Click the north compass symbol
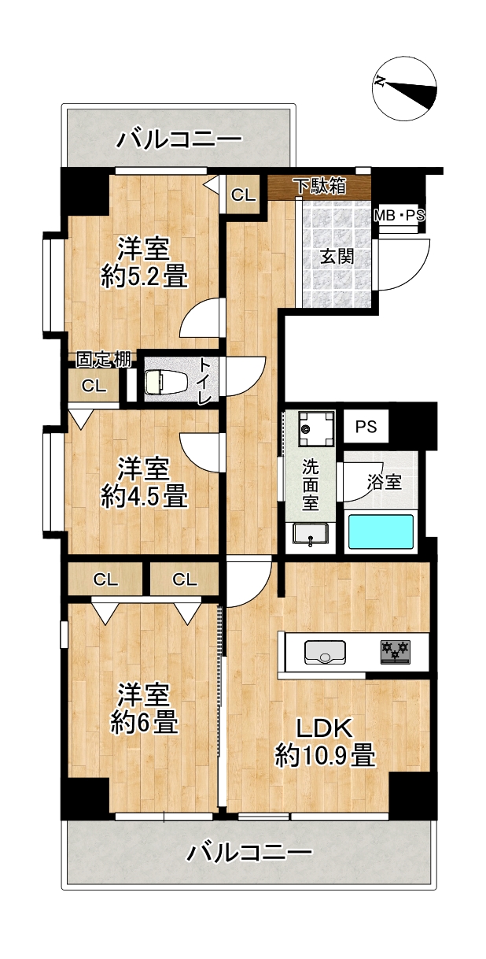(405, 89)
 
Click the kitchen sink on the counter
(325, 653)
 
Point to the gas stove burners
(395, 652)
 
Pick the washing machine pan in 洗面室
(316, 428)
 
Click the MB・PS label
(399, 216)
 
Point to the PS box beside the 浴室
(366, 427)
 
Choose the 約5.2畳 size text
(145, 278)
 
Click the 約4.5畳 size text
(145, 497)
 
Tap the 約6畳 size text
(145, 723)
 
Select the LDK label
(325, 728)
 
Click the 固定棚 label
(104, 360)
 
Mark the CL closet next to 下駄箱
(243, 195)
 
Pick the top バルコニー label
(179, 139)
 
